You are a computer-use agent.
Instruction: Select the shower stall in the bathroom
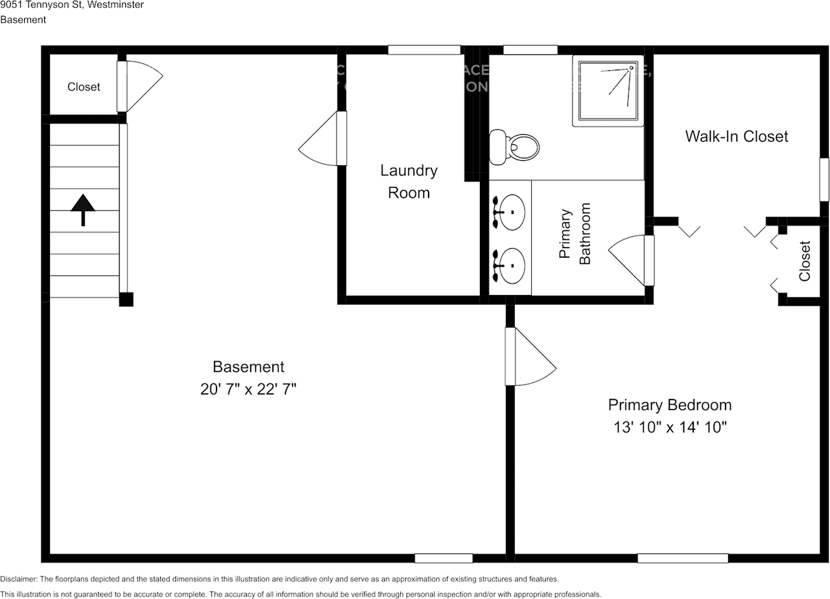(x=608, y=91)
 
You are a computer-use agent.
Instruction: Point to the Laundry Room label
(x=409, y=182)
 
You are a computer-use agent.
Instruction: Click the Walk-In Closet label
(x=737, y=136)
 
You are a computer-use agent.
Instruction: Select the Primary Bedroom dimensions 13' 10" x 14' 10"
(x=670, y=427)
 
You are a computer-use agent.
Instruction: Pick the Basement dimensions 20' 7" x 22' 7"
(x=248, y=389)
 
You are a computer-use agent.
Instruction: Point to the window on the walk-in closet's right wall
(x=824, y=179)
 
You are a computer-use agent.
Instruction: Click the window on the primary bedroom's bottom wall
(x=682, y=558)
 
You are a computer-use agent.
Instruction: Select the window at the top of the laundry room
(x=424, y=50)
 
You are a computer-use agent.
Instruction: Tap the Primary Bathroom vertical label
(x=575, y=234)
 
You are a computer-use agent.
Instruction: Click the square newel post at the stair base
(x=126, y=299)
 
